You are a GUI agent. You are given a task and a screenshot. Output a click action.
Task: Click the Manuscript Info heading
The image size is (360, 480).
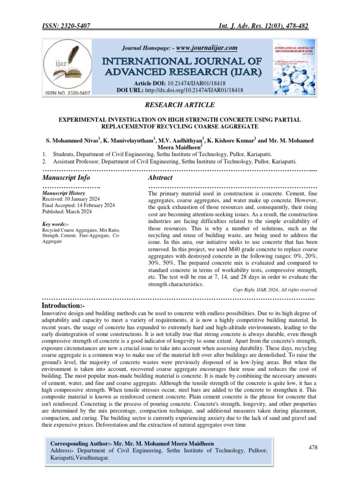[66, 178]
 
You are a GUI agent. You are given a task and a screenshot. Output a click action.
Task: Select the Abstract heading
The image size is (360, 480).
[160, 178]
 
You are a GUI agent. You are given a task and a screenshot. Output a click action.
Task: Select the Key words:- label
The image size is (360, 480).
[56, 225]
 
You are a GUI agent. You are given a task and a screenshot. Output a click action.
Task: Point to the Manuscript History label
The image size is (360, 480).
[63, 193]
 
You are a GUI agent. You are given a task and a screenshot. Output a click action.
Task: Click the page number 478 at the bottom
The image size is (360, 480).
[313, 448]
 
